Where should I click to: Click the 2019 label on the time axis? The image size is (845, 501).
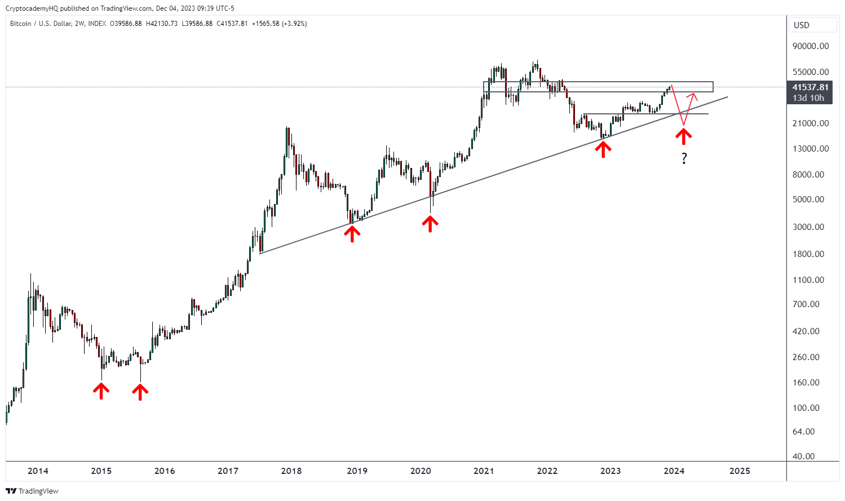(357, 471)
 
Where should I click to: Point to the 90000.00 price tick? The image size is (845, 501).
(811, 46)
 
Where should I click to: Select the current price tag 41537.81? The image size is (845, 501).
(810, 87)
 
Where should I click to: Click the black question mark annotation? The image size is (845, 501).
(684, 158)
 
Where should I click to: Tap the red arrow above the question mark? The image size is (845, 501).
(684, 136)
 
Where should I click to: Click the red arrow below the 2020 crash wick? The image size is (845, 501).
(430, 224)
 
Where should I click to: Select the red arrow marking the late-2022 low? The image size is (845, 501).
(604, 149)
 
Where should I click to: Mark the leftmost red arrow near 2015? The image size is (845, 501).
(101, 391)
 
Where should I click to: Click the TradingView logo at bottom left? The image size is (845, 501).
(32, 491)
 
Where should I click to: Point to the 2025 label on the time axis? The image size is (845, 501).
(740, 471)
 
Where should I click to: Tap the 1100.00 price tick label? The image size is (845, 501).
(808, 280)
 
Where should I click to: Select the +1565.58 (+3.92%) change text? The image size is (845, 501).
(280, 24)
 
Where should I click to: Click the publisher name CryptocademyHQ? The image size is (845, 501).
(30, 8)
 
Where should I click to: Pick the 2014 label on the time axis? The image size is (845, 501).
(38, 471)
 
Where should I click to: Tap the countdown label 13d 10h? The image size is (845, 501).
(808, 98)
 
